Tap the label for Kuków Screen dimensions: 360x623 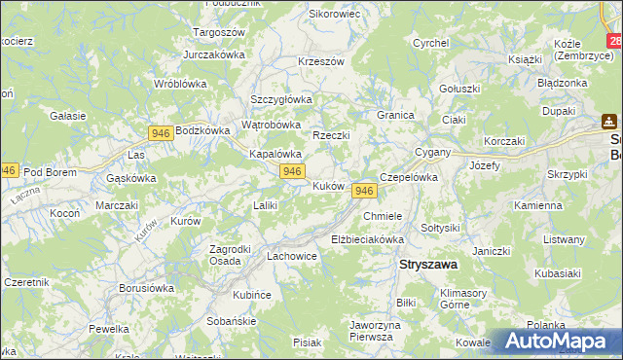coord(328,186)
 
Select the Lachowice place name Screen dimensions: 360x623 coord(292,257)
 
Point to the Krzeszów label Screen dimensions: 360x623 coord(321,61)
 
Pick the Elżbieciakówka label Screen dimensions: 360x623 coord(367,238)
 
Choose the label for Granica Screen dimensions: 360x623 coord(396,115)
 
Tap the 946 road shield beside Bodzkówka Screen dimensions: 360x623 coord(162,131)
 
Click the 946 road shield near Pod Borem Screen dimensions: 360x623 coord(8,169)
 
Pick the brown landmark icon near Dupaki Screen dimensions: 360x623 coord(609,122)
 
